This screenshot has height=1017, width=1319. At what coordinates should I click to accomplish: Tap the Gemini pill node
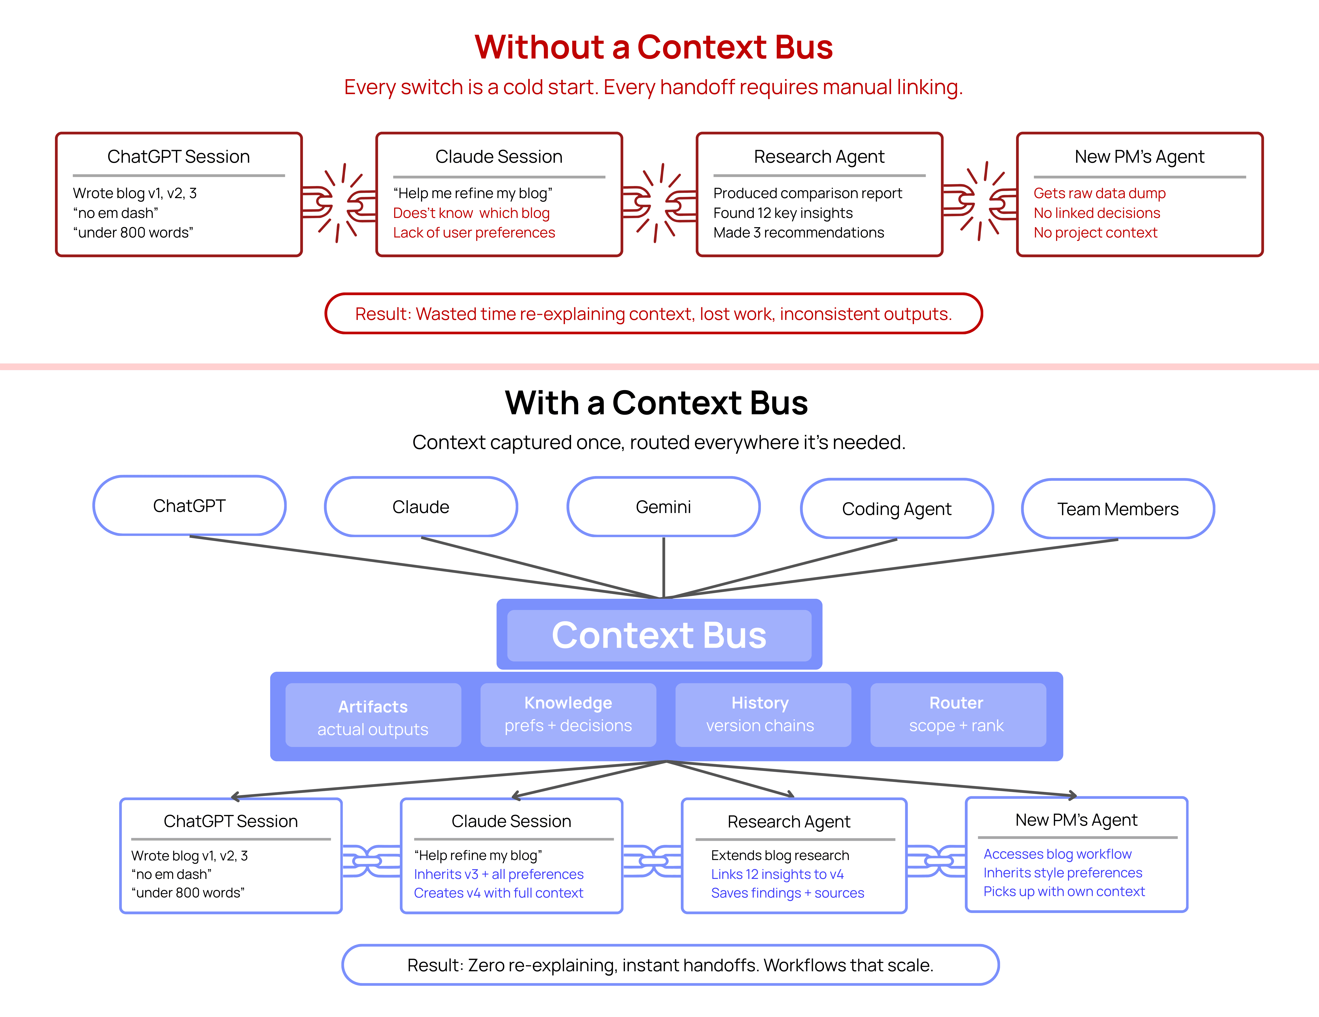pyautogui.click(x=663, y=507)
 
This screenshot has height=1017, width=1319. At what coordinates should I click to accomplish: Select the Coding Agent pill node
pyautogui.click(x=896, y=508)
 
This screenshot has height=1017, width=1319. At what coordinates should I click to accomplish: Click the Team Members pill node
pyautogui.click(x=1117, y=508)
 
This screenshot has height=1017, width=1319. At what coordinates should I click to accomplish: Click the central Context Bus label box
pyautogui.click(x=659, y=635)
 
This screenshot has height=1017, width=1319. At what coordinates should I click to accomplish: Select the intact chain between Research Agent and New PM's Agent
pyautogui.click(x=936, y=861)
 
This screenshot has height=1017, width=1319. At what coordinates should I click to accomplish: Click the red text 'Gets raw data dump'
pyautogui.click(x=1099, y=193)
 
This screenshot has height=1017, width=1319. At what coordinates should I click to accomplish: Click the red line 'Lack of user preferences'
pyautogui.click(x=474, y=232)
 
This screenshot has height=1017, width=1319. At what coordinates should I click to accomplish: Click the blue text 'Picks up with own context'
pyautogui.click(x=1064, y=891)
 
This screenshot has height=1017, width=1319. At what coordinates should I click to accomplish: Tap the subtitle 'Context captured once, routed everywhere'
pyautogui.click(x=658, y=442)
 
